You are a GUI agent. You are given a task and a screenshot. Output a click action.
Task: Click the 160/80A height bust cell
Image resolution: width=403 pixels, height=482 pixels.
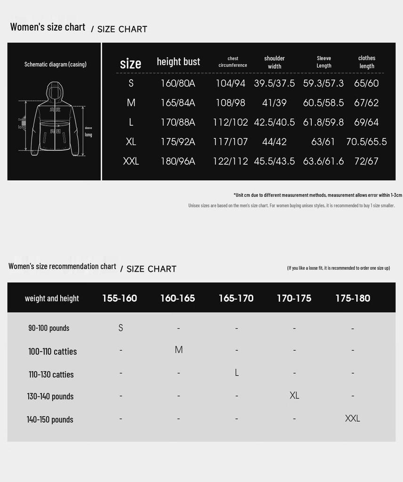coord(178,83)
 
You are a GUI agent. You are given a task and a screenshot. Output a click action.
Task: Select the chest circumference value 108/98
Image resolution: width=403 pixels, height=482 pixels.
coord(230,103)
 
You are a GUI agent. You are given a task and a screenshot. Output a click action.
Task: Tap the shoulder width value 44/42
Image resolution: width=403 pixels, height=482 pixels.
coord(274,142)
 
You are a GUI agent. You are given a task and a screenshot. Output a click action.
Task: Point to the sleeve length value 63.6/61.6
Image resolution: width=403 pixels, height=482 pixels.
coord(323,161)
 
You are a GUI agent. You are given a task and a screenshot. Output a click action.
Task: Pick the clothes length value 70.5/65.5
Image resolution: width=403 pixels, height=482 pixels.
coord(366,142)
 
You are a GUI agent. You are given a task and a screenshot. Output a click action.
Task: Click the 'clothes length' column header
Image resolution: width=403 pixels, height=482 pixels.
coord(367,62)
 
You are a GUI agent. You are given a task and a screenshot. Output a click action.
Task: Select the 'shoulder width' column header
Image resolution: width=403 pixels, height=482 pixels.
coord(274,62)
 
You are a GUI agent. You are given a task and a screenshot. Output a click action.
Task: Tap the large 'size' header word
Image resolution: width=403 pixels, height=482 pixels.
coord(130,64)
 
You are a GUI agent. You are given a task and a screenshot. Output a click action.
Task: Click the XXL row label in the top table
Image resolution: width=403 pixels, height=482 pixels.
coord(131,161)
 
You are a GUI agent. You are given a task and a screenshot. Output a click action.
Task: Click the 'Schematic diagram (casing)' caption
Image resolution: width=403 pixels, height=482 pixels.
coord(56,64)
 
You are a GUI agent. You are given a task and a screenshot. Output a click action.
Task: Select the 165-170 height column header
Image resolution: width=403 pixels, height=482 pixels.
coord(236,298)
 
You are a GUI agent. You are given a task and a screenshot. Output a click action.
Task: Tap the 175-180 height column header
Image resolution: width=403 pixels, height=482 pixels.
coord(353,298)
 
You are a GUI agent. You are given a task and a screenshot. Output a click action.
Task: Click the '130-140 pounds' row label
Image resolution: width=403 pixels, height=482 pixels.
coord(50,396)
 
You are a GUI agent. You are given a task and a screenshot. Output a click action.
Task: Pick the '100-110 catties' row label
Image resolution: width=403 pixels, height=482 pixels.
coord(52,352)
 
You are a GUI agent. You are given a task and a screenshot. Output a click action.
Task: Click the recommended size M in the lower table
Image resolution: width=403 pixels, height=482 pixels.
coord(178,350)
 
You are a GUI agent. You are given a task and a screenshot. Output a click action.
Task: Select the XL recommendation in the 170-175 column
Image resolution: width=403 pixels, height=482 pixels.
coord(294,395)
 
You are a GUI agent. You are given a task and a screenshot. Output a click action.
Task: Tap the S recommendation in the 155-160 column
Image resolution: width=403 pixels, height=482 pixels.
coord(121,328)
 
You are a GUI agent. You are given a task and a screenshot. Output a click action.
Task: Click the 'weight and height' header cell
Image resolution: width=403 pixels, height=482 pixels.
coord(52,298)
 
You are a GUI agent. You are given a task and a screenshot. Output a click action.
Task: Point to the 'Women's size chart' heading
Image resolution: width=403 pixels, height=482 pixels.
coord(48,27)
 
